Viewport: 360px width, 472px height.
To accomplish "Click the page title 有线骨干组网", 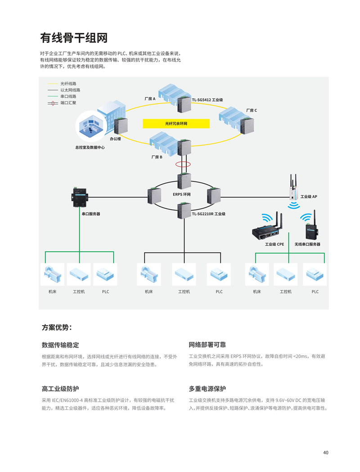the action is (74, 38).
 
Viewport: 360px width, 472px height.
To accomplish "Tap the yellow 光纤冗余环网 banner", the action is (176, 123).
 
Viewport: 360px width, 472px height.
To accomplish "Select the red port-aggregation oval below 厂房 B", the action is (183, 164).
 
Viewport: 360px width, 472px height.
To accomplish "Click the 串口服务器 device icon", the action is (80, 197).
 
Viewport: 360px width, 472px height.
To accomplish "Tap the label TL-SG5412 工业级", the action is (207, 100).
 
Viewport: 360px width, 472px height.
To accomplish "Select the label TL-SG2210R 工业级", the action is (209, 214).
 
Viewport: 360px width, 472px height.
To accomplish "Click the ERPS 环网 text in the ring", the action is (182, 195).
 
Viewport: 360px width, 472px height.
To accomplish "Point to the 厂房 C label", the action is (252, 110).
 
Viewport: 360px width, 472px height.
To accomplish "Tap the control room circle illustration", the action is (90, 127).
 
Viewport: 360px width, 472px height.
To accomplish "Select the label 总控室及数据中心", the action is (90, 148).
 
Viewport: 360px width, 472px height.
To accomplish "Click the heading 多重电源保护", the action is (207, 389).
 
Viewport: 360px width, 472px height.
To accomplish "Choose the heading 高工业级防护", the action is (60, 389).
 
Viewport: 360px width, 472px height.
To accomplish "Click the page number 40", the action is (326, 453).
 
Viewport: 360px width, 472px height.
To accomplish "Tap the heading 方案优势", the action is (57, 327).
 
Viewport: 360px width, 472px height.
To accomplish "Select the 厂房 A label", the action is (150, 99).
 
